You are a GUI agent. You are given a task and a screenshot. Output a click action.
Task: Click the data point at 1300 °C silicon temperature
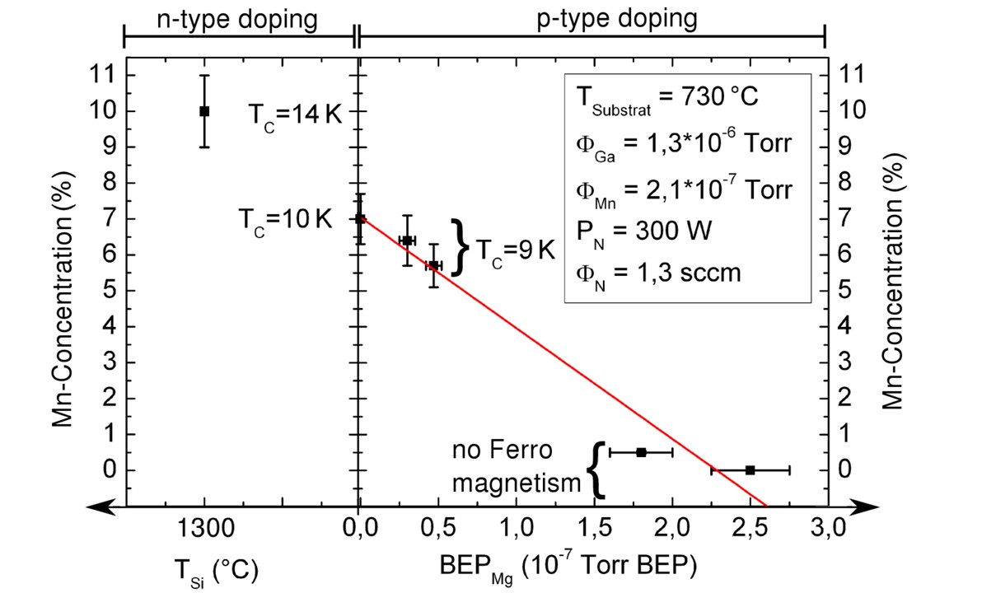[x=204, y=110]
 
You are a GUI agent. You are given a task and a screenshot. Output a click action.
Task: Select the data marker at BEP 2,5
[x=750, y=469]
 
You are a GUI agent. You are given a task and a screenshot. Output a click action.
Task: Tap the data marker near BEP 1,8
[x=641, y=451]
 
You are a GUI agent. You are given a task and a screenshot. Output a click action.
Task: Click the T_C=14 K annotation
[x=295, y=114]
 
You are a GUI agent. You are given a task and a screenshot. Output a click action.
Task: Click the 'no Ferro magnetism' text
[x=517, y=466]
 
